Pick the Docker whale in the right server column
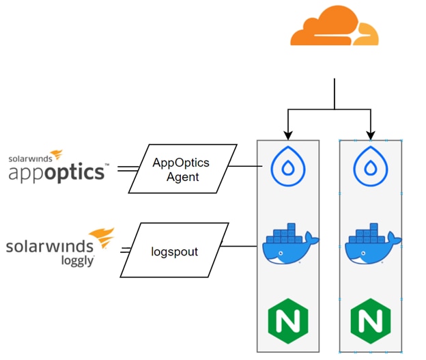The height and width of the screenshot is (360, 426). click(370, 245)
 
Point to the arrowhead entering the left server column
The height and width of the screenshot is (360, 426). click(287, 135)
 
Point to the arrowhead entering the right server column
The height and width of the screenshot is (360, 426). click(370, 135)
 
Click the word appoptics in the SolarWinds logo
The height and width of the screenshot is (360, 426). click(57, 171)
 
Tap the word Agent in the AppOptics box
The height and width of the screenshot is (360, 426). click(183, 177)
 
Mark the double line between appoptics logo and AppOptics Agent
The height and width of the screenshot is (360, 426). click(125, 167)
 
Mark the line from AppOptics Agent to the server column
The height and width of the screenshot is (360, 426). click(242, 166)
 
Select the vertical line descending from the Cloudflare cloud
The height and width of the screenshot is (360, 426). click(335, 93)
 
